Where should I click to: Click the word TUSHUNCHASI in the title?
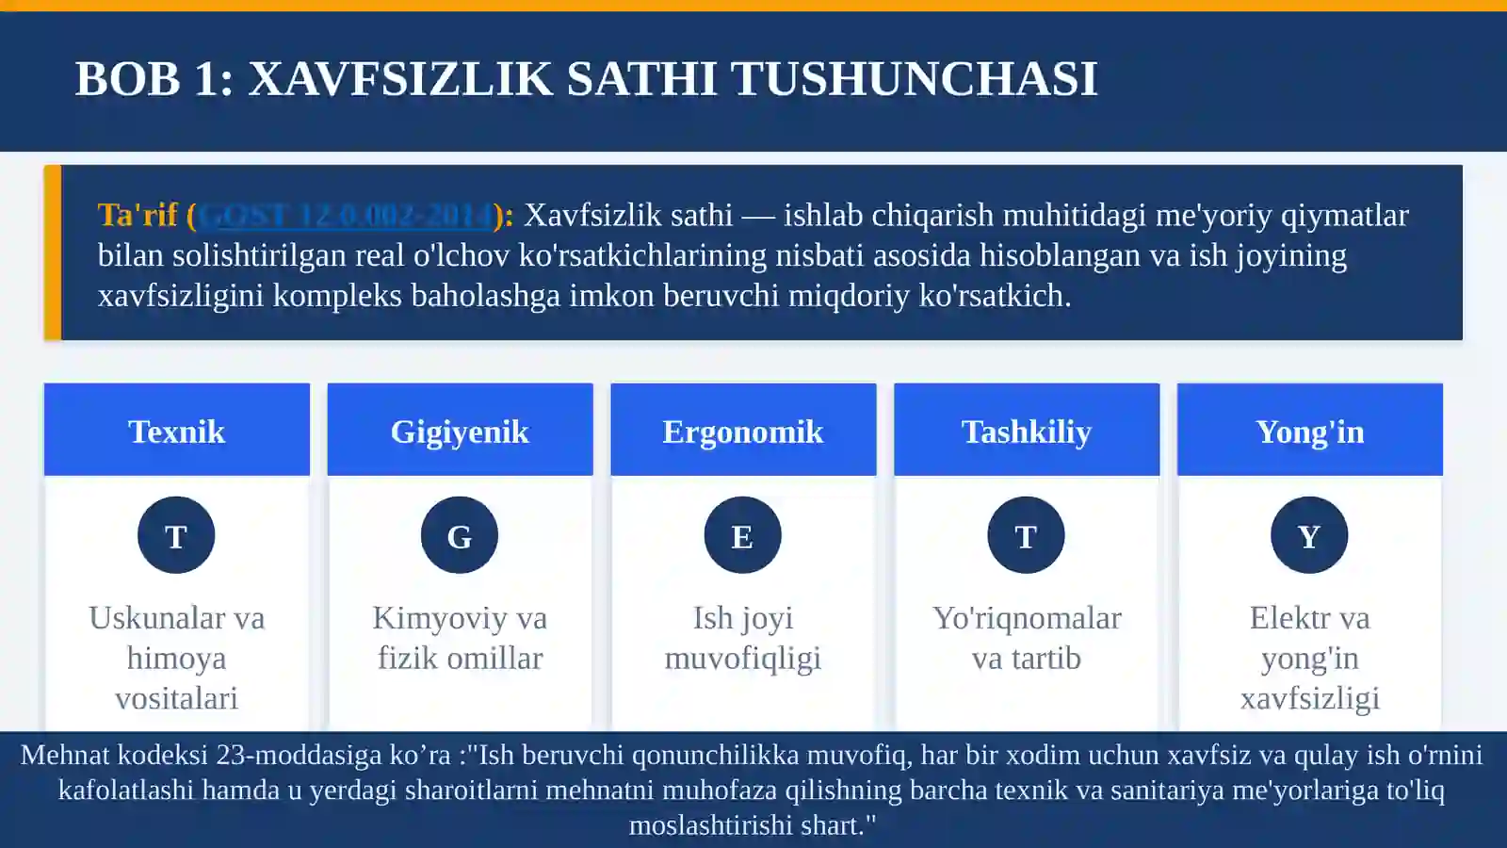tap(914, 78)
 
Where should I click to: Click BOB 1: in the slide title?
tap(154, 78)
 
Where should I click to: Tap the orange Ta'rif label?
tap(138, 215)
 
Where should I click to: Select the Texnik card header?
tap(176, 431)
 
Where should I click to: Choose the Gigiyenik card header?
tap(460, 431)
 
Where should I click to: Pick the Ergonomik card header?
tap(742, 431)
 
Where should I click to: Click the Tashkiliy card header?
tap(1026, 431)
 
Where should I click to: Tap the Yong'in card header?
tap(1309, 431)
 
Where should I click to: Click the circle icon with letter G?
tap(460, 535)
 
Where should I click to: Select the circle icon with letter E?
tap(742, 535)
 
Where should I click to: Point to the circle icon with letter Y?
tap(1309, 535)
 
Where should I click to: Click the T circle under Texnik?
tap(176, 535)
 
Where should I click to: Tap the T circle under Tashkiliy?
tap(1026, 535)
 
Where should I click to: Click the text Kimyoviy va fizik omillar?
tap(460, 638)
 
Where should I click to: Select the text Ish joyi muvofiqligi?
tap(742, 638)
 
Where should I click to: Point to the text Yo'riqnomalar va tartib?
tap(1026, 638)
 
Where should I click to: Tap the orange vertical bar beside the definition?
tap(53, 253)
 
